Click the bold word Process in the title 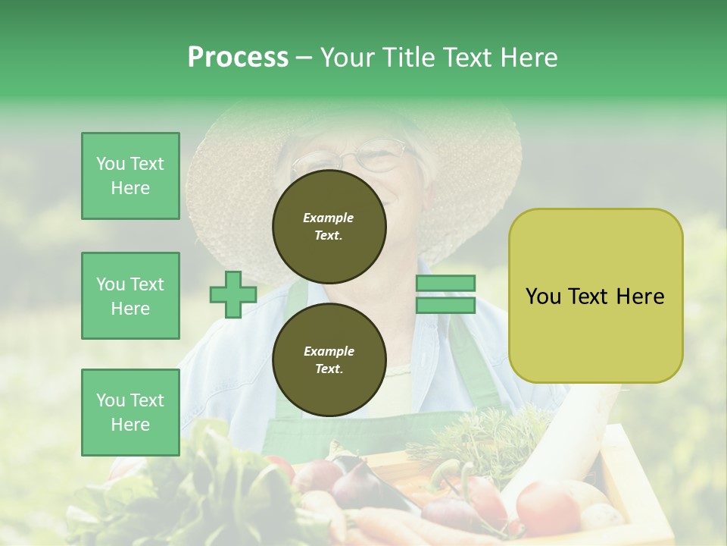click(238, 58)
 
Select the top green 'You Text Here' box click(130, 176)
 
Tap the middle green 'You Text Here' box click(130, 296)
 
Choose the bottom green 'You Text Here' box click(130, 413)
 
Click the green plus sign click(232, 294)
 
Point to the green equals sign click(445, 294)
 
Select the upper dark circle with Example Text click(329, 226)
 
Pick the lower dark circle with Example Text click(329, 359)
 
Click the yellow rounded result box click(595, 296)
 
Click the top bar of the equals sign click(445, 284)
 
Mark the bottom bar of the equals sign click(445, 306)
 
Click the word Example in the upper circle click(329, 218)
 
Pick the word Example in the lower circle click(329, 351)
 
